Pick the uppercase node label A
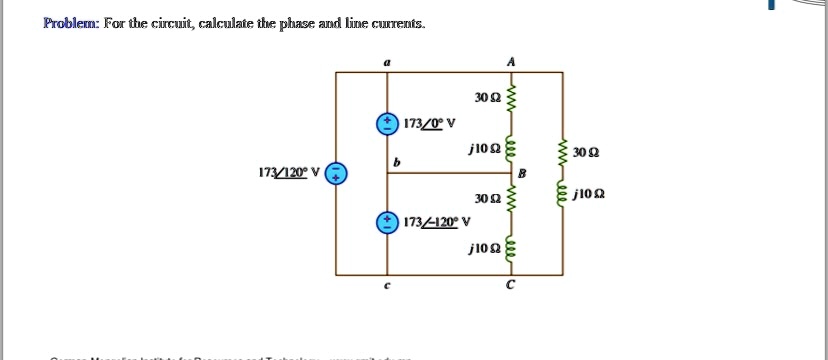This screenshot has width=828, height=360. coord(512,61)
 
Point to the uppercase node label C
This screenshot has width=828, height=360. coord(510,288)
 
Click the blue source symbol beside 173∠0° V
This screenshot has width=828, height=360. coord(386,124)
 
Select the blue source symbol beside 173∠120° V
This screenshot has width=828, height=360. coord(338,173)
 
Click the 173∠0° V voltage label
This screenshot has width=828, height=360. coord(429,124)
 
